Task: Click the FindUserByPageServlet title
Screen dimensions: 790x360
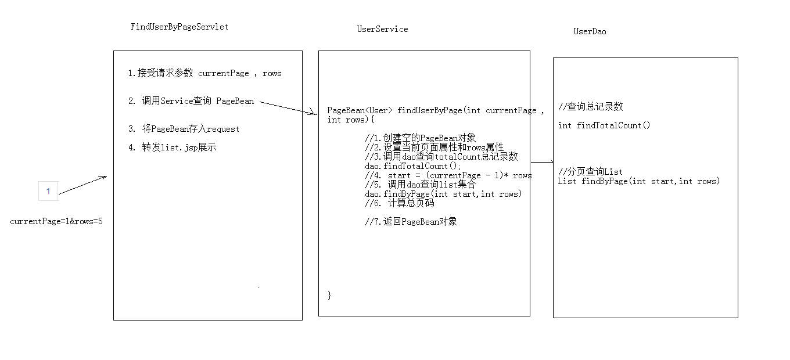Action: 179,27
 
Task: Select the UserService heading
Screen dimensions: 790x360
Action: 382,29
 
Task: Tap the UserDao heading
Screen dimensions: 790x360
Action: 590,31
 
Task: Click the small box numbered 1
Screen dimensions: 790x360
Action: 48,191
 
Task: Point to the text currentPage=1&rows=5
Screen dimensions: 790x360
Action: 56,221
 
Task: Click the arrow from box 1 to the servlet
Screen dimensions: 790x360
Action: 83,185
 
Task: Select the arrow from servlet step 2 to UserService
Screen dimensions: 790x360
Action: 288,108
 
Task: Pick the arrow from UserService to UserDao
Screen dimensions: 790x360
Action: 542,162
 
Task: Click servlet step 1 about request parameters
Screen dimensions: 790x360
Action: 204,73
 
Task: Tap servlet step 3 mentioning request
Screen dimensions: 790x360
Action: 184,129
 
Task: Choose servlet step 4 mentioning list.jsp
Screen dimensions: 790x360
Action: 173,147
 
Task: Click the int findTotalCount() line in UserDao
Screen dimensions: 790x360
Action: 604,125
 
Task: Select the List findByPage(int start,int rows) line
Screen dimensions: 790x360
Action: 639,181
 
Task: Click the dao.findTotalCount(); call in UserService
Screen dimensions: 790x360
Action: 413,166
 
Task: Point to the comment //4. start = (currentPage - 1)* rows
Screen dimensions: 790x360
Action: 448,175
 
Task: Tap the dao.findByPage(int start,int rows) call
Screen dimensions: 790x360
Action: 443,194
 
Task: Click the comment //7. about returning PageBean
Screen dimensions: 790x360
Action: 411,221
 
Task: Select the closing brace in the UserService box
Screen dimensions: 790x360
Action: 329,295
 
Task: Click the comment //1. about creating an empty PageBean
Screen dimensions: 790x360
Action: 421,138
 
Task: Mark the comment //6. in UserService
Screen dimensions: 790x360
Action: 400,203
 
